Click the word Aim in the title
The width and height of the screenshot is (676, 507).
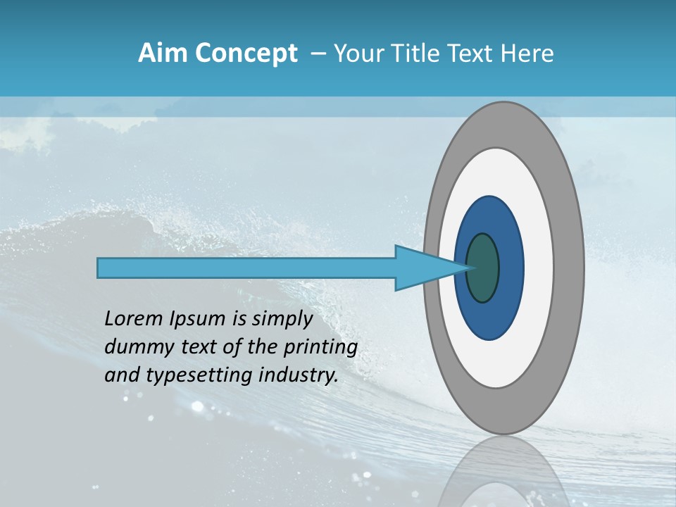(x=162, y=54)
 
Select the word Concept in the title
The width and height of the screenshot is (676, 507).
(x=246, y=54)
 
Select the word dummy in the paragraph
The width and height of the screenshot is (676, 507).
(x=132, y=347)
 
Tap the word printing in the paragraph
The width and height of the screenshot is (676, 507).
(x=320, y=347)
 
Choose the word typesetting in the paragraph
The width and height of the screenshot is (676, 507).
(x=184, y=375)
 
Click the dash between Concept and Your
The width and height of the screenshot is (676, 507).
(x=318, y=54)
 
